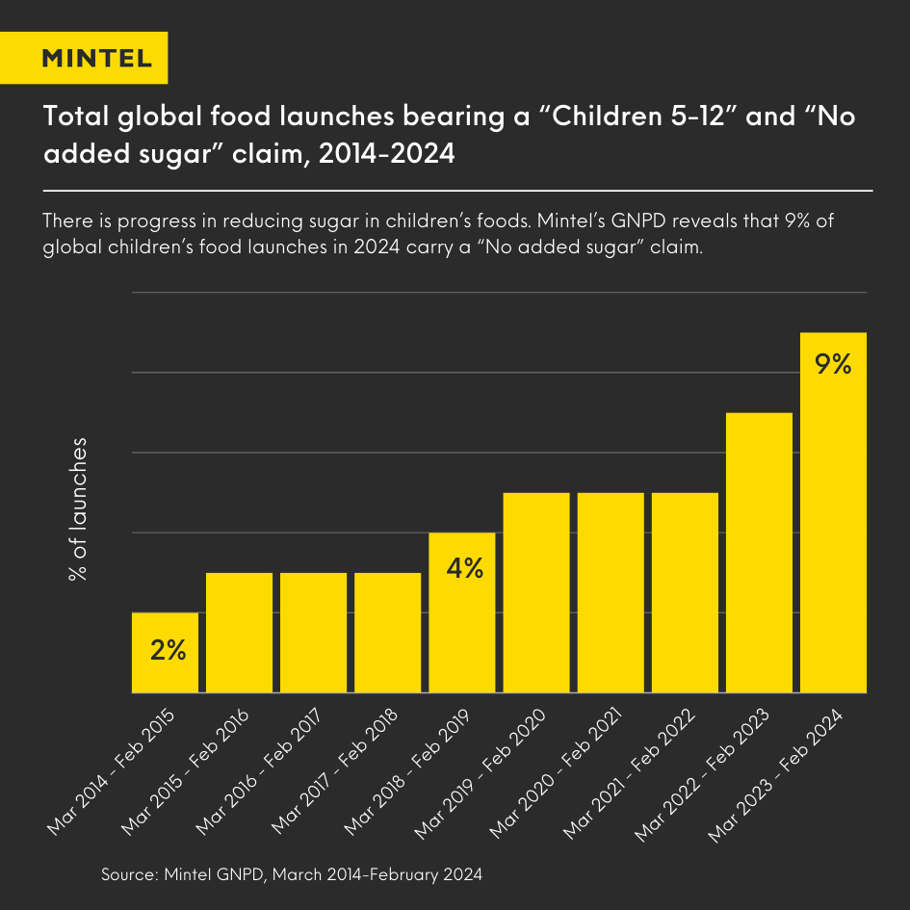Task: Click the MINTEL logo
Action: [96, 58]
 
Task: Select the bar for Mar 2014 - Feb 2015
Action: [165, 653]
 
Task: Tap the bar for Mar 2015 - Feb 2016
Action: [239, 633]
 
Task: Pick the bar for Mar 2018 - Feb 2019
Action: [461, 612]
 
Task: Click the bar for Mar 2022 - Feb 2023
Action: [759, 553]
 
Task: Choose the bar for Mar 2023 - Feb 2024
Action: [834, 512]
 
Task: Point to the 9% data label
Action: [833, 365]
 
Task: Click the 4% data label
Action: [464, 568]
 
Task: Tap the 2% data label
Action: [168, 650]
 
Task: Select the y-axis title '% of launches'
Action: [78, 510]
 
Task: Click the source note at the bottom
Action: [291, 875]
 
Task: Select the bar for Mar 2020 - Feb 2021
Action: [611, 592]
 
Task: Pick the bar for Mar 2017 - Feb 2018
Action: [387, 633]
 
